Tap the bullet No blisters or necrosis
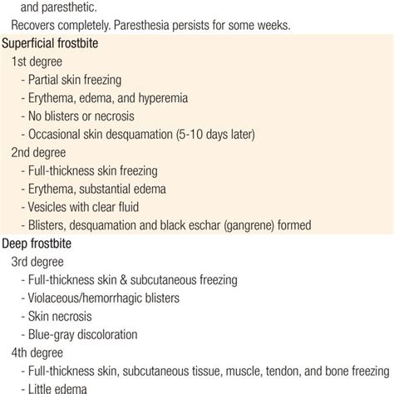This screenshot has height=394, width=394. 86,116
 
